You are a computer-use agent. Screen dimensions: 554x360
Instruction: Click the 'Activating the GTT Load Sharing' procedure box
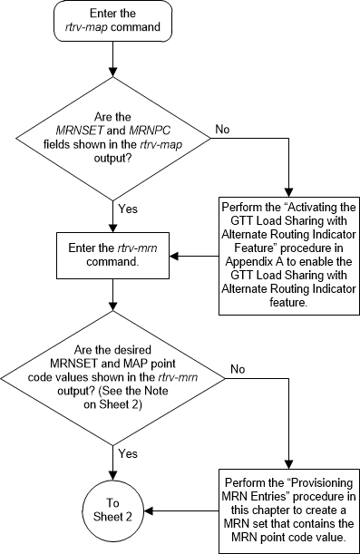[x=287, y=256]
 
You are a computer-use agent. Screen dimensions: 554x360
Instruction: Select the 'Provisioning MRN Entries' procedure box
[x=287, y=503]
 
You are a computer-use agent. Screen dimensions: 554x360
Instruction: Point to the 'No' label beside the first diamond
[x=221, y=130]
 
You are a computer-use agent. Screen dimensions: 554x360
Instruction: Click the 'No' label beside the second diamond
[x=238, y=370]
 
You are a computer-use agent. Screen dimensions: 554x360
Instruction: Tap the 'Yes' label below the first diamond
[x=128, y=209]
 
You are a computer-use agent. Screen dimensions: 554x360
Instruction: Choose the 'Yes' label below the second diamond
[x=128, y=451]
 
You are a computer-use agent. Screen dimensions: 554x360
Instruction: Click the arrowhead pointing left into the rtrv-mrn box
[x=173, y=256]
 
